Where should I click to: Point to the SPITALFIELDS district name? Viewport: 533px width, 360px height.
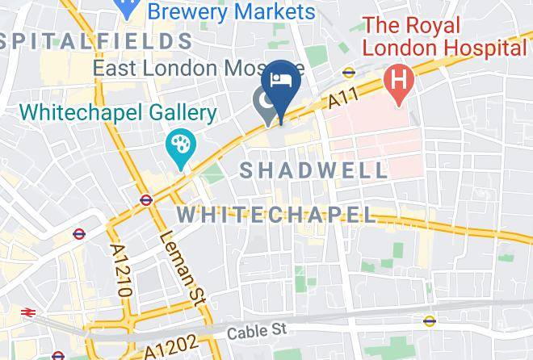97,40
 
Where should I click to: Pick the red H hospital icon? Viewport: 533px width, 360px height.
397,80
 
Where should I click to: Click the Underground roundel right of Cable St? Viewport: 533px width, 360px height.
430,320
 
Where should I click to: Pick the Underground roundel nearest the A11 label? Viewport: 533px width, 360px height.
349,72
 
